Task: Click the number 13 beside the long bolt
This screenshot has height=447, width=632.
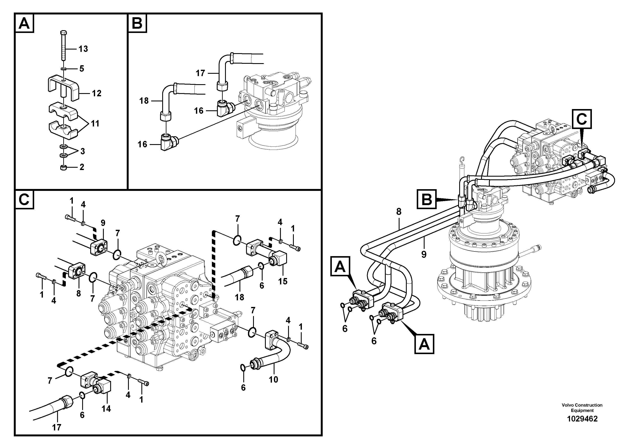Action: [83, 49]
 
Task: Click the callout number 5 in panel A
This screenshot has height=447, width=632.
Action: [82, 69]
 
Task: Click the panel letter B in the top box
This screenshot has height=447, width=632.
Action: [137, 24]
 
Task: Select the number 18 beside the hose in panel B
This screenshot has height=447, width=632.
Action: [144, 101]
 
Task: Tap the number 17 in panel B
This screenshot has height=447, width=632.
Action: [200, 73]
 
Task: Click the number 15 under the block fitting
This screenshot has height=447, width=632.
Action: [283, 281]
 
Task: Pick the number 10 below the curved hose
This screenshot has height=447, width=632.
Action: [273, 380]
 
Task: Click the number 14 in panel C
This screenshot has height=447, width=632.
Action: [106, 409]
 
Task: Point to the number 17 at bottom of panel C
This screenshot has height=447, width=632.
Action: [56, 427]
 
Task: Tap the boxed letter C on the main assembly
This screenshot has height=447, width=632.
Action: [582, 119]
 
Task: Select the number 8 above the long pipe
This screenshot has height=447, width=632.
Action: [398, 212]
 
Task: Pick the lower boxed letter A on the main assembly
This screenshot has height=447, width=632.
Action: [424, 344]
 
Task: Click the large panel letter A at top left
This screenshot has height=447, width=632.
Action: [24, 24]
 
